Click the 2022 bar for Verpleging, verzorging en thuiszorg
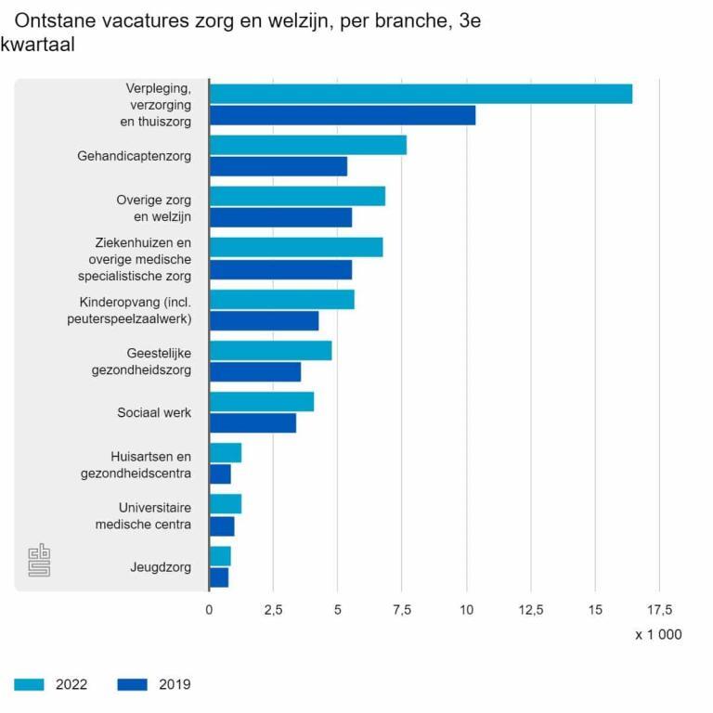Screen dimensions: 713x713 point(421,94)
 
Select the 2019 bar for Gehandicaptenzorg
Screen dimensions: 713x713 point(278,166)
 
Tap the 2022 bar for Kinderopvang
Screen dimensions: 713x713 point(281,299)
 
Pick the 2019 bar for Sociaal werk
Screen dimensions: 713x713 point(253,423)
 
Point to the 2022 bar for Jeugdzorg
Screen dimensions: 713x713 point(220,556)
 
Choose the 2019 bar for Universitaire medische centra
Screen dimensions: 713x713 point(222,526)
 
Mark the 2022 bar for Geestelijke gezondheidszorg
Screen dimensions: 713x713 point(270,351)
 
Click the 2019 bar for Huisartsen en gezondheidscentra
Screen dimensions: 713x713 point(220,474)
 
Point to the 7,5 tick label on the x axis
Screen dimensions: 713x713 point(401,610)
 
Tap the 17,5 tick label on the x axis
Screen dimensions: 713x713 point(659,610)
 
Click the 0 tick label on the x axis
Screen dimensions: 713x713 point(209,610)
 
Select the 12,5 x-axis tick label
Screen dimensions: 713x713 point(530,610)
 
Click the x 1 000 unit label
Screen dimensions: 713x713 point(658,635)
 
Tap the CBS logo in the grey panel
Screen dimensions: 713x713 point(39,560)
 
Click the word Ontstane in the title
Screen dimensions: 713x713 point(57,20)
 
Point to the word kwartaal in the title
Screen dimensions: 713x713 point(38,45)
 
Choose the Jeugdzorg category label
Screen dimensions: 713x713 point(161,566)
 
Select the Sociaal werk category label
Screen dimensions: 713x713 point(154,412)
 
